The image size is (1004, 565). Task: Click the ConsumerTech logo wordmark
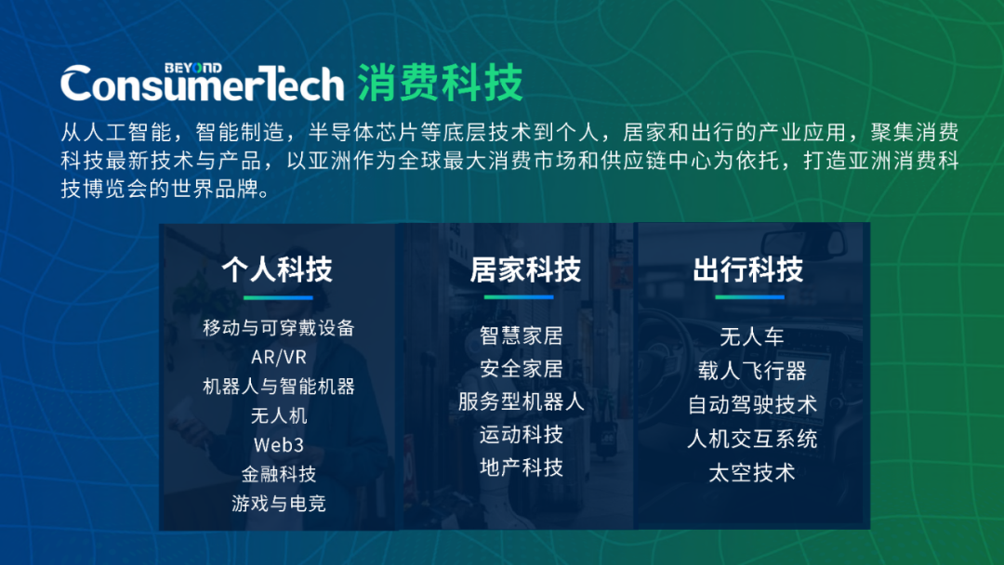[x=203, y=84]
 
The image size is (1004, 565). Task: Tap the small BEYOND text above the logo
[x=193, y=68]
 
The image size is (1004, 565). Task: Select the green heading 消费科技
[x=440, y=83]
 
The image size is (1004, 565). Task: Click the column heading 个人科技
[x=277, y=269]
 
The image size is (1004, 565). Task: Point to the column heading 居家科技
[x=525, y=269]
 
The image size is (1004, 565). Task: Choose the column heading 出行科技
[x=747, y=269]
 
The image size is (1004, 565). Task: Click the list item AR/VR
[x=279, y=357]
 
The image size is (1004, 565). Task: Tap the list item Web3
[x=279, y=445]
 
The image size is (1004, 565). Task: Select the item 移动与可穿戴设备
[x=279, y=328]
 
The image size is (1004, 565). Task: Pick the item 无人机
[x=279, y=416]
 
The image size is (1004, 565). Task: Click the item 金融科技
[x=279, y=474]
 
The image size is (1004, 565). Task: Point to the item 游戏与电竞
[x=279, y=504]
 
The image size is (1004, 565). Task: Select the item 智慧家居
[x=522, y=335]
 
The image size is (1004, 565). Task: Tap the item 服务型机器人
[x=522, y=401]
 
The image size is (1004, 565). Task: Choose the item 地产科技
[x=522, y=467]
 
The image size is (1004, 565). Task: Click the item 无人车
[x=752, y=336]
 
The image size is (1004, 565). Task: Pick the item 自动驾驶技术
[x=752, y=405]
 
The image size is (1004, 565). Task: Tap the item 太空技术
[x=752, y=473]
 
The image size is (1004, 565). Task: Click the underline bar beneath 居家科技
[x=519, y=296]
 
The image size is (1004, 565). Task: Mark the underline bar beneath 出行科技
[x=750, y=296]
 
